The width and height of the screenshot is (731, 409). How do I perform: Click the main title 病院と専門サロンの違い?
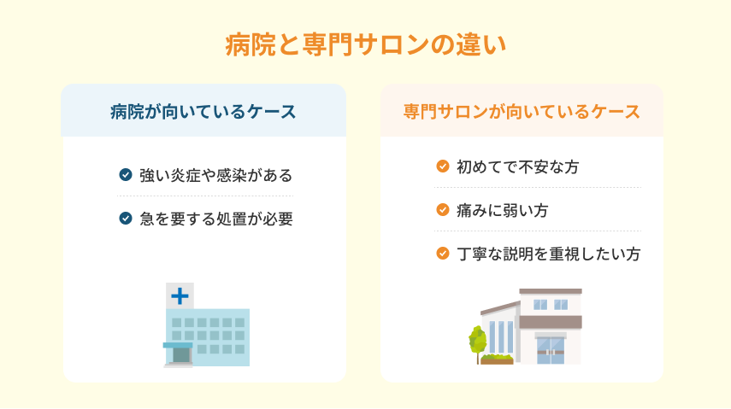pos(366,45)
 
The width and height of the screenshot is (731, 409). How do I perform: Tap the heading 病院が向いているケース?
pos(203,112)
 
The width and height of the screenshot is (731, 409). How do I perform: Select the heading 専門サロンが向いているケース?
pos(522,112)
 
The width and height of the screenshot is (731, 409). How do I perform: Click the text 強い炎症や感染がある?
pos(215,175)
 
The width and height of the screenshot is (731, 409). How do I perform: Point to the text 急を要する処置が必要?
pos(216,219)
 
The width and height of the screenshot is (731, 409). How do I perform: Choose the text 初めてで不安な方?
pos(518,167)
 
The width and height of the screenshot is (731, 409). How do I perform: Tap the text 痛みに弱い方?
pos(503,210)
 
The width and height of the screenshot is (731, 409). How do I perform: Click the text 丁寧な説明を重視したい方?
pos(549,254)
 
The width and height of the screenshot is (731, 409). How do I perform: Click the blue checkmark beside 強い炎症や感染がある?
pos(126,175)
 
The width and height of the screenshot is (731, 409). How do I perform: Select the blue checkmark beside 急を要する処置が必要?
pos(126,218)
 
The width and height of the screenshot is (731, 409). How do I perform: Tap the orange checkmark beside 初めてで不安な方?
pos(442,167)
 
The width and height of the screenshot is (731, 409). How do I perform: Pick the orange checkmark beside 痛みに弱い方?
pos(442,210)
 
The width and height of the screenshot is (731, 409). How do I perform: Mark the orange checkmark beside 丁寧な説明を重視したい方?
pos(442,254)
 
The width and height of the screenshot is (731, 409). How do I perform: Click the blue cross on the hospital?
pos(180,296)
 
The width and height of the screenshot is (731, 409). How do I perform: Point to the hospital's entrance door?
pos(181,355)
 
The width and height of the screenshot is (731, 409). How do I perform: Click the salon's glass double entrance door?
pos(551,351)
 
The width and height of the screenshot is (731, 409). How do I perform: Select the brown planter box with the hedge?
pos(497,359)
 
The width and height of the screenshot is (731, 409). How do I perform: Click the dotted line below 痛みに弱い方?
pos(538,231)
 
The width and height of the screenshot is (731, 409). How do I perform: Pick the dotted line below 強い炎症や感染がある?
pos(205,196)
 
